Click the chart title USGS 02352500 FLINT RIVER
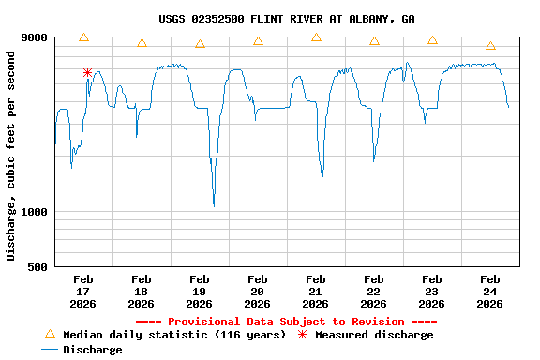click(287, 19)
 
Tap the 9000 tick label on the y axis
click(34, 37)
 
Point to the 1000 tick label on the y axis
click(34, 212)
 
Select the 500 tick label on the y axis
click(37, 267)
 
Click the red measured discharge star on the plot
click(87, 72)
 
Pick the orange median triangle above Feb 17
click(83, 37)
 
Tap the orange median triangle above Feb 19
click(200, 44)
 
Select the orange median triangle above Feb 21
click(316, 37)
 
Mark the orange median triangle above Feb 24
click(490, 46)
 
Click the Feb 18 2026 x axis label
click(142, 291)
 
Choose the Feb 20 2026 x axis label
click(258, 291)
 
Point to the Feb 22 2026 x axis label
click(374, 291)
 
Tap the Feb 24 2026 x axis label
click(490, 291)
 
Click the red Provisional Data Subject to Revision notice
click(287, 322)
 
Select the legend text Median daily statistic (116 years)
click(174, 335)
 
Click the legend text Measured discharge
click(374, 335)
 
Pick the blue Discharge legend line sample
click(50, 350)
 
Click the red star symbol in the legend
click(302, 335)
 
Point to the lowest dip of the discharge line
click(214, 205)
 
